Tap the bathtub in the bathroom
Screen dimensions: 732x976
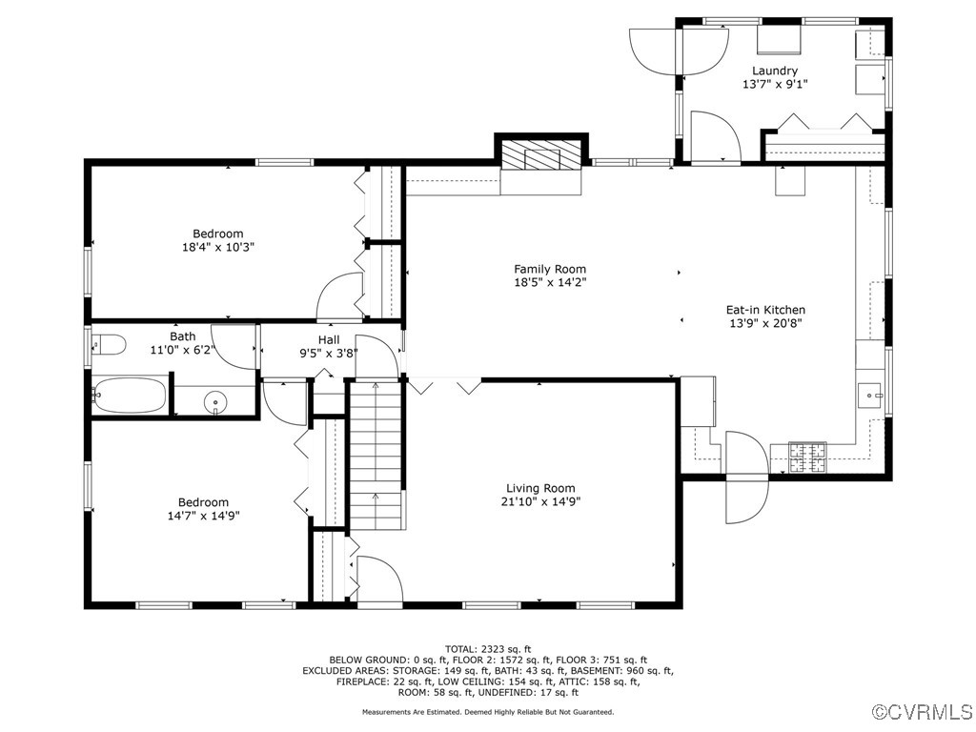(x=130, y=396)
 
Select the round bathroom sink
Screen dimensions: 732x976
(x=216, y=403)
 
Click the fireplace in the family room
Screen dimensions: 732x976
(x=540, y=155)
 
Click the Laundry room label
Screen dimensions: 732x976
(x=774, y=71)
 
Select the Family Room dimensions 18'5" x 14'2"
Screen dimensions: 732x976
(x=550, y=282)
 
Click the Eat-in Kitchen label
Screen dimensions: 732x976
(x=765, y=310)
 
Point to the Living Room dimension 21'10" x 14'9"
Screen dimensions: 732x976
(x=540, y=501)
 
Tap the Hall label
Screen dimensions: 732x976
(x=329, y=339)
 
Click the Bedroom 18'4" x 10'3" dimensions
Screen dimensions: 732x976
(x=218, y=247)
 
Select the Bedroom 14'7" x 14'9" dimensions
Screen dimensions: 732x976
(x=203, y=516)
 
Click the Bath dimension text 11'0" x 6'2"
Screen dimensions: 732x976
(x=183, y=350)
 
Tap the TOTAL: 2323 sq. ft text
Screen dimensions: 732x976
(x=487, y=649)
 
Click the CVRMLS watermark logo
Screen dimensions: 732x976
(x=923, y=712)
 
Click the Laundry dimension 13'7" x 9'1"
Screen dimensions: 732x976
(x=774, y=84)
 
